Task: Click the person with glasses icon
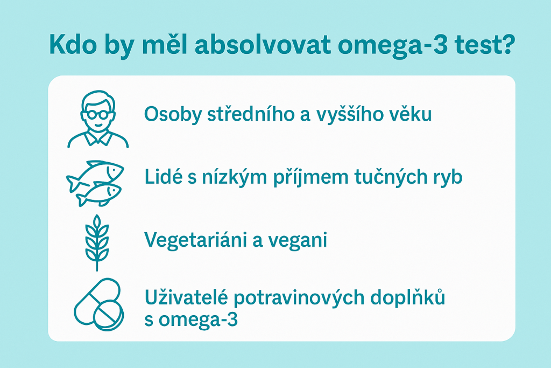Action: click(98, 120)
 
